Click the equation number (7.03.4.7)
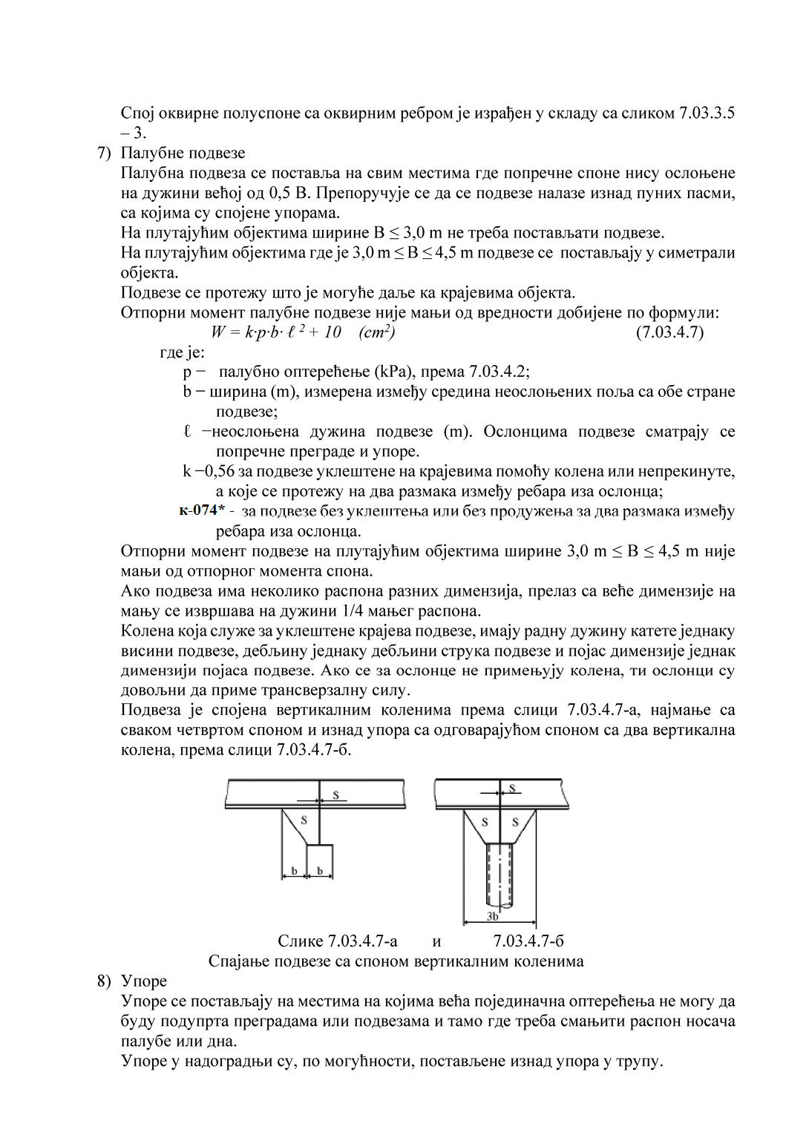[669, 332]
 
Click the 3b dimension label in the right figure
[493, 917]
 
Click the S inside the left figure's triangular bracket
[303, 820]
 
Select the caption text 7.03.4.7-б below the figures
[528, 941]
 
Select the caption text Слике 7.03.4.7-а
[338, 941]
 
